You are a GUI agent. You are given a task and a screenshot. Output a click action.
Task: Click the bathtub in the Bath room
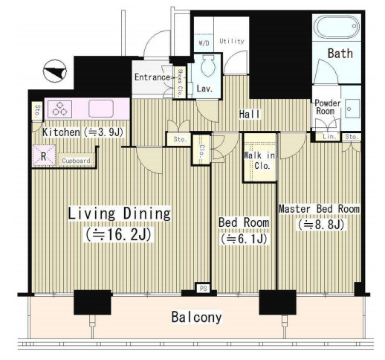point(337,26)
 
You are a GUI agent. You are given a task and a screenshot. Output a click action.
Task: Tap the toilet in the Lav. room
point(208,65)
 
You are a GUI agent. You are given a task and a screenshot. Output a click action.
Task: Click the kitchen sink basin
point(101,109)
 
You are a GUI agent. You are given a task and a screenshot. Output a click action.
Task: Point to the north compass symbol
point(55,71)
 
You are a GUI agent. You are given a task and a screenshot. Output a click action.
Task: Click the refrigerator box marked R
point(44,156)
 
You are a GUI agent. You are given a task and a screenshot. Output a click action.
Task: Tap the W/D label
point(204,43)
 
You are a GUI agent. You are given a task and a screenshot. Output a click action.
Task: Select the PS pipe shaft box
point(203,289)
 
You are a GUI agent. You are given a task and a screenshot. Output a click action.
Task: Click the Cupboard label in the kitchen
point(76,161)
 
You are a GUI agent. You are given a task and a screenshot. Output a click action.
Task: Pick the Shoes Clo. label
point(180,83)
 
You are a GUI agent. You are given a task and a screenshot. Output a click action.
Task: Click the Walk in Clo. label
point(259,161)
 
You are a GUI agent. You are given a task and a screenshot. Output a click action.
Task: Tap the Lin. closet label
point(329,136)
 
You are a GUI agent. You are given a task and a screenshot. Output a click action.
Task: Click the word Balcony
point(197,318)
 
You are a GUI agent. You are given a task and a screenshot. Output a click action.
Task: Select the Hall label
point(250,115)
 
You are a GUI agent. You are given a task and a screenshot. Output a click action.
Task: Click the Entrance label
point(152,77)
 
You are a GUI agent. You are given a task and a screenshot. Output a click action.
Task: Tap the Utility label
point(232,41)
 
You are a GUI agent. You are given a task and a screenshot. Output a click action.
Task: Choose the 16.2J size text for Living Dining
point(118,234)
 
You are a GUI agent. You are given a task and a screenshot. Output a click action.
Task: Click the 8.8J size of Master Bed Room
point(321,225)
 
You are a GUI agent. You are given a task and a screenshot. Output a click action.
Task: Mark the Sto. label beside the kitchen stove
point(37,111)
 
